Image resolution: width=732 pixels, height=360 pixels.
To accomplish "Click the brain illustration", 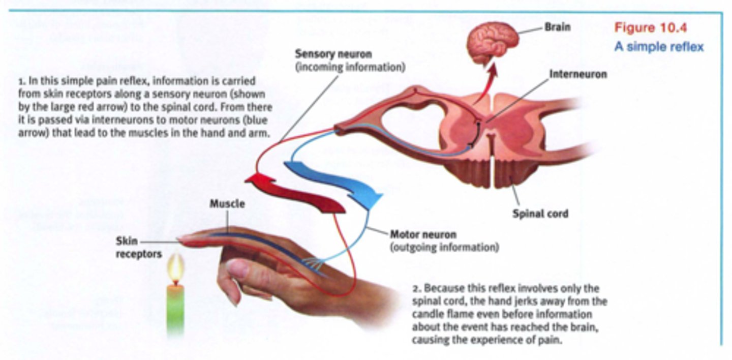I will tap(492, 39).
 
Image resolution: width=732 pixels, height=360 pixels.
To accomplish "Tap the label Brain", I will tap(557, 26).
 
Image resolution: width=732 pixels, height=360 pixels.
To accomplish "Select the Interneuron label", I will tap(578, 74).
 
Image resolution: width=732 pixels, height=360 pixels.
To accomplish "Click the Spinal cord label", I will tap(540, 213).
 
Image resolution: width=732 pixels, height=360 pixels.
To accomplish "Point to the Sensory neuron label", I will tap(333, 54).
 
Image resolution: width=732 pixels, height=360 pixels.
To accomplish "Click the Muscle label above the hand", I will tap(227, 204).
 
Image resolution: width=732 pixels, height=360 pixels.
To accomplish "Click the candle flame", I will tap(176, 268).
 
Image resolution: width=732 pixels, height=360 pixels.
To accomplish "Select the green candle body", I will tap(175, 310).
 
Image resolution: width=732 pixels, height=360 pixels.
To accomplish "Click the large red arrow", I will tap(295, 193).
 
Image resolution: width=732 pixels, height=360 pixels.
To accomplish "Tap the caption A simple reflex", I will tap(659, 47).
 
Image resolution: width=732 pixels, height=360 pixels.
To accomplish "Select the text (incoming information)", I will tap(350, 67).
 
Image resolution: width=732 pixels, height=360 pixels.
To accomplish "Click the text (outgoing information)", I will tap(444, 248).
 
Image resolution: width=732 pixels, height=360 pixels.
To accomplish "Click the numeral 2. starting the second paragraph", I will tap(416, 288).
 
